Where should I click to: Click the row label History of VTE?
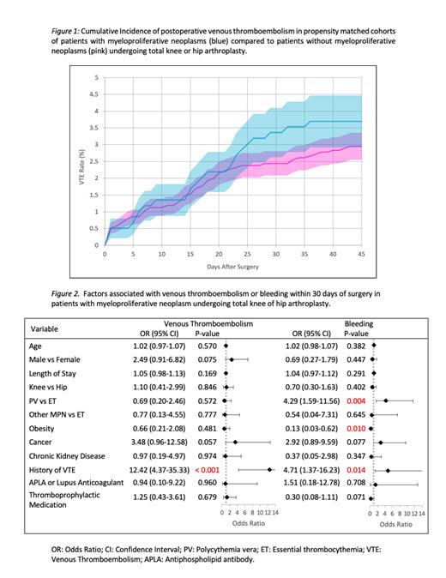[x=57, y=469]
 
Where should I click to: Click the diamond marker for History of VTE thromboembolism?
[x=269, y=469]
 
